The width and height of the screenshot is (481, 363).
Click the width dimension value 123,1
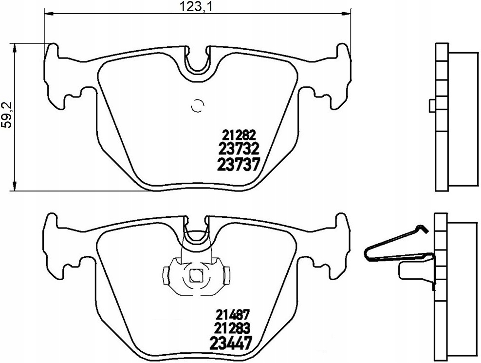tap(196, 7)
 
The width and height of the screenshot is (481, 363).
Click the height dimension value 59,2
tap(7, 115)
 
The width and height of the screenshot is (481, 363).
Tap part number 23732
tap(239, 149)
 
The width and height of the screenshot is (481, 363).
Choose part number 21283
tap(233, 328)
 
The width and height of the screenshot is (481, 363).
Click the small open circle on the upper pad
tap(197, 107)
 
